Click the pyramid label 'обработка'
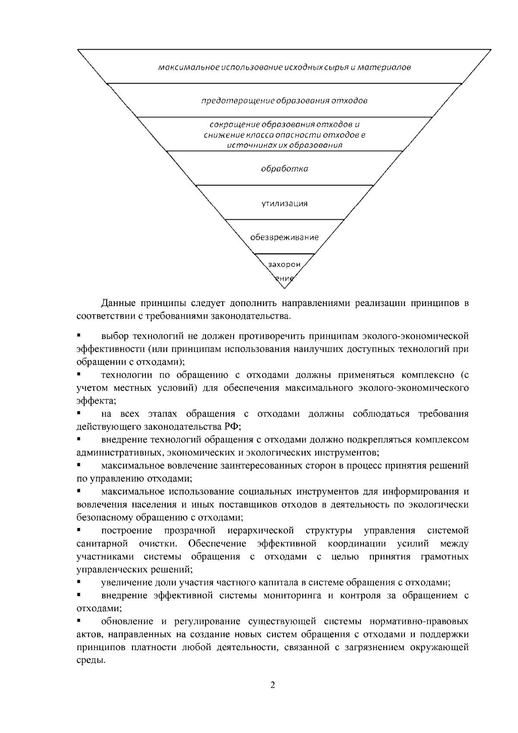point(284,169)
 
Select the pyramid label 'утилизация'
point(284,203)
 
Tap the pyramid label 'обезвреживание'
point(284,237)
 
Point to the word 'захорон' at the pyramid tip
point(284,265)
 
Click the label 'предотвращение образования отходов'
point(284,101)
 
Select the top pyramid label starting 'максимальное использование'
point(284,67)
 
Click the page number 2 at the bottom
point(272,686)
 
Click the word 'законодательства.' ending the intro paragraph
point(251,316)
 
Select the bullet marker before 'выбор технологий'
point(79,335)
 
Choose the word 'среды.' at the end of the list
point(91,660)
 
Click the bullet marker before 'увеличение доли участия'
point(79,582)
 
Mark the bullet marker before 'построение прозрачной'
point(79,529)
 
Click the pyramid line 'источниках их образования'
point(284,145)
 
